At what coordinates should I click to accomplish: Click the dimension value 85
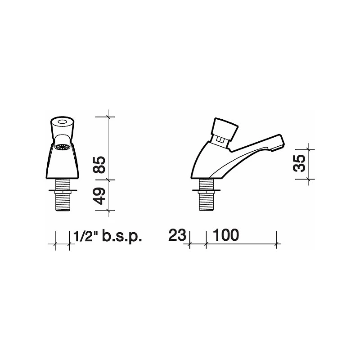click(99, 166)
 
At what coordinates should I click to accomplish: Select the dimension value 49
click(99, 195)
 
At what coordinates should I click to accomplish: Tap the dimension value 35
click(299, 163)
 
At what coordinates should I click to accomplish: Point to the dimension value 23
click(177, 235)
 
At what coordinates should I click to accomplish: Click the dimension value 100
click(225, 235)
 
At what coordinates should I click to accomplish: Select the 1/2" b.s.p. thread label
click(107, 235)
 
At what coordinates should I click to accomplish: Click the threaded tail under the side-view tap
click(207, 200)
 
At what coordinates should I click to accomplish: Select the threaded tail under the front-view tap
click(63, 200)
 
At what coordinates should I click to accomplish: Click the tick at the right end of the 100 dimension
click(276, 244)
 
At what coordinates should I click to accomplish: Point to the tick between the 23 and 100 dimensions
click(206, 244)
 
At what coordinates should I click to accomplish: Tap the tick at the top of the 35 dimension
click(309, 148)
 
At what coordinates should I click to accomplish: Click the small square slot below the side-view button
click(220, 141)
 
